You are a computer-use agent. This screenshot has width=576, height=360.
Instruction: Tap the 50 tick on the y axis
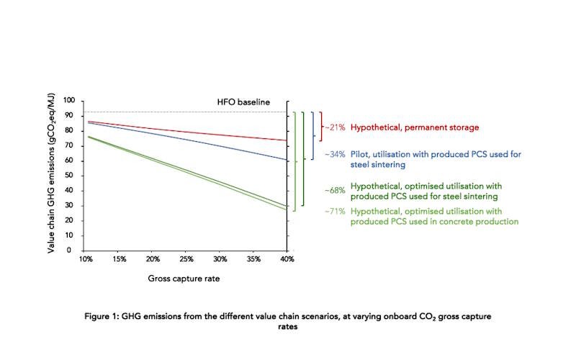point(73,176)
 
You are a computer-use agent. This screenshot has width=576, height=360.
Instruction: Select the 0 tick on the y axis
point(76,251)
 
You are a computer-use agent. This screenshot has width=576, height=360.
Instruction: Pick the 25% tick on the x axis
point(186,258)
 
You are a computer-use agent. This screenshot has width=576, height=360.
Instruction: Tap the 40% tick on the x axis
point(287,258)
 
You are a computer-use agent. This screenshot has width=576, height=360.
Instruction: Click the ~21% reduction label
point(335,127)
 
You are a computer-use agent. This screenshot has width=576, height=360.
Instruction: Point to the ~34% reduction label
point(335,154)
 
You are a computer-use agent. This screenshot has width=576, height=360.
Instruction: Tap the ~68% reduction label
point(335,191)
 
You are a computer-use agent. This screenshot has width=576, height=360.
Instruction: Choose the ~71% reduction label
point(335,212)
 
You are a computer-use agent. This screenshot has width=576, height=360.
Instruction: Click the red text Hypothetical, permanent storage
point(415,127)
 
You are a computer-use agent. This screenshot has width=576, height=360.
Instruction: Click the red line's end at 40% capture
point(287,140)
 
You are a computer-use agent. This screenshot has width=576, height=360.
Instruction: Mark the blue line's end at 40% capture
point(287,160)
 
